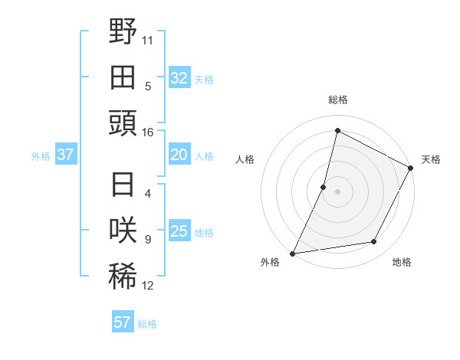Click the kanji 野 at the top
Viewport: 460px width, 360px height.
click(x=123, y=32)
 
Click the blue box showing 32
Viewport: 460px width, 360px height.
click(x=179, y=78)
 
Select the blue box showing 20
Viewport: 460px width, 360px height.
click(x=179, y=155)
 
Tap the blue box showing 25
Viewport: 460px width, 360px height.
click(x=179, y=231)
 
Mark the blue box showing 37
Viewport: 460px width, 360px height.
click(x=65, y=155)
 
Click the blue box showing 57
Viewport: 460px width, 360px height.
click(x=123, y=322)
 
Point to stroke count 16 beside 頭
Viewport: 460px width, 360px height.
click(x=148, y=133)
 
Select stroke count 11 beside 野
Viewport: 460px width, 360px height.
click(x=149, y=40)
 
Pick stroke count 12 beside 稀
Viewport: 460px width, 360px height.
click(x=148, y=286)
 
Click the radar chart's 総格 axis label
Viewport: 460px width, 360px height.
click(x=338, y=100)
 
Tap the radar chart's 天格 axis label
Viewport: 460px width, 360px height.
click(x=431, y=159)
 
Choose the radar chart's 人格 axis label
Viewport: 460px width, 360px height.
click(x=245, y=159)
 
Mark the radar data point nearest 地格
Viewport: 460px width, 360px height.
click(x=374, y=242)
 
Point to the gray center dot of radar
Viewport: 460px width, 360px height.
click(x=337, y=191)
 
